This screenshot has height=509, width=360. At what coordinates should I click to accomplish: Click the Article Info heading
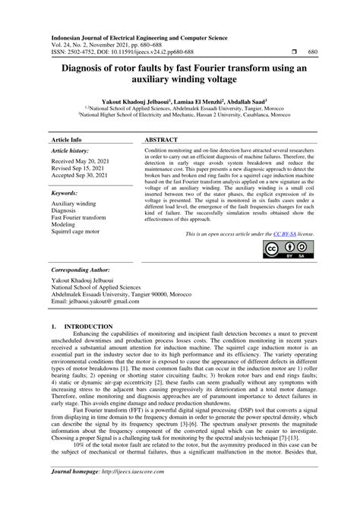(66, 141)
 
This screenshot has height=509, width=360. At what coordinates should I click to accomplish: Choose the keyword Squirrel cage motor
(75, 231)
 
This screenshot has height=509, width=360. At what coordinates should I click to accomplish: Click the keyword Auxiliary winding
(74, 204)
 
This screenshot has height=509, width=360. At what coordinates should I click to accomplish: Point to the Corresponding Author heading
(80, 270)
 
